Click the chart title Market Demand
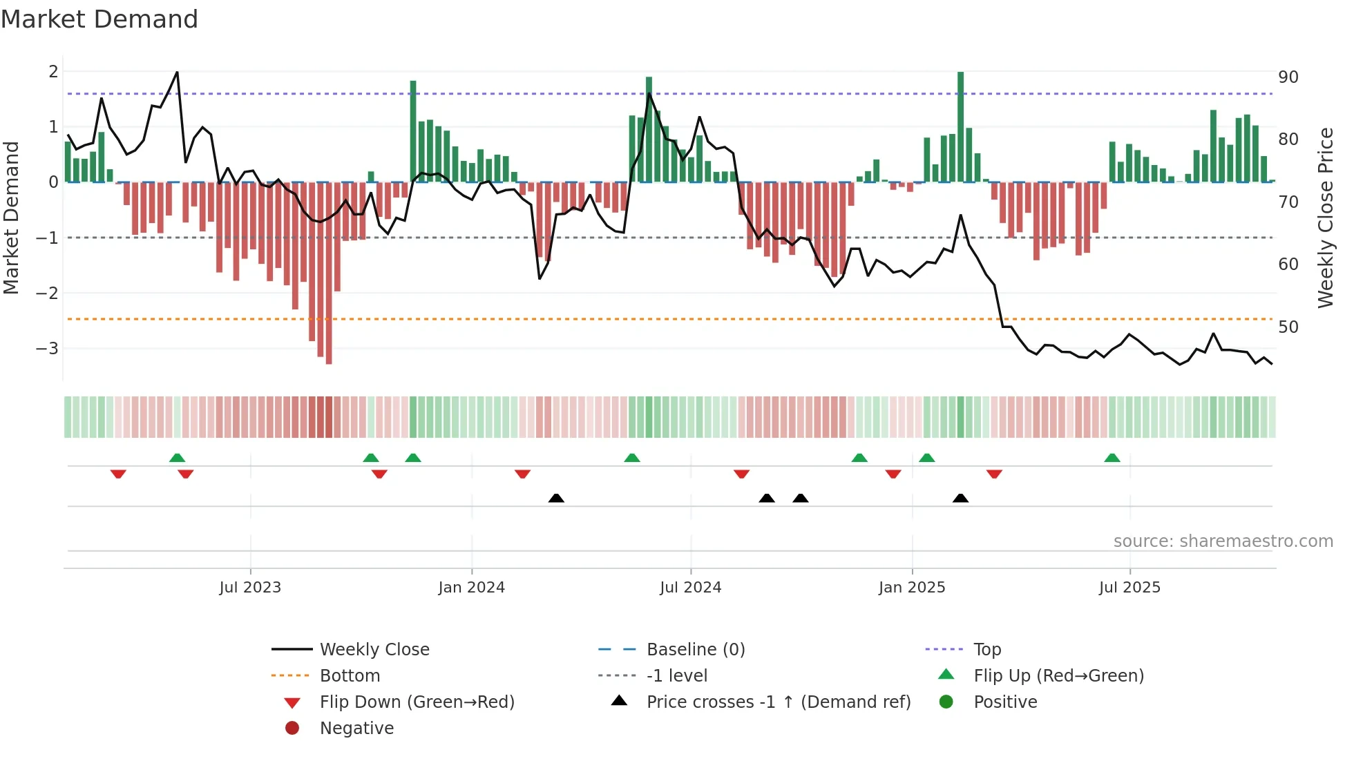[99, 19]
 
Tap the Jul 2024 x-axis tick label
[690, 588]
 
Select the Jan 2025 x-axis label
[911, 588]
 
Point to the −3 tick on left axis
[47, 348]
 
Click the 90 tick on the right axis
[1288, 77]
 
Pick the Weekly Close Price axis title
[1325, 218]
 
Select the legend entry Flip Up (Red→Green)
[1058, 675]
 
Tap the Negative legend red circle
[292, 728]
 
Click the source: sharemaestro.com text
[1223, 541]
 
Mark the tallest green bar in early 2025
[960, 126]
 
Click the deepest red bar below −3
[329, 273]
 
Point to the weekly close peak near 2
[177, 73]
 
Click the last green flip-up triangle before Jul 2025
[1112, 458]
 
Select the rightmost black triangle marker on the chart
[960, 498]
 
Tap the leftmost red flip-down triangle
[118, 474]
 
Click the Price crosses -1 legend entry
[778, 702]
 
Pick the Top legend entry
[986, 649]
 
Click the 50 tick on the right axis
[1288, 327]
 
